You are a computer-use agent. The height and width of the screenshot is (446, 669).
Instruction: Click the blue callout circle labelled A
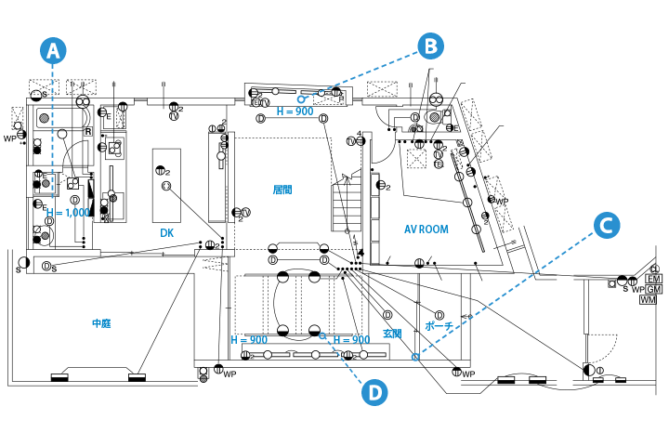(x=55, y=50)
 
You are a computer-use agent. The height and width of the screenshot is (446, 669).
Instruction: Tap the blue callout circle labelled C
(x=606, y=225)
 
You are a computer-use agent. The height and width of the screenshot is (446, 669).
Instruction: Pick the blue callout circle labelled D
(x=374, y=393)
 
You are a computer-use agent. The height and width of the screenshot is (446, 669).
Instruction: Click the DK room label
(x=167, y=232)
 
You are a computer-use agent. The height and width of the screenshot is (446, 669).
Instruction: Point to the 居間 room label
(x=282, y=190)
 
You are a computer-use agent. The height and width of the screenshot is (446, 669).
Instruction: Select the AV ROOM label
(x=427, y=230)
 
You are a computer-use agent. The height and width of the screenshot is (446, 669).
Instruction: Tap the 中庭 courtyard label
(x=101, y=323)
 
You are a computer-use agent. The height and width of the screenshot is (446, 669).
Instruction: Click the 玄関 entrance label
(x=391, y=333)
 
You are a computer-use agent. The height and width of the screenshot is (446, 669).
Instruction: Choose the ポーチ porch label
(x=438, y=327)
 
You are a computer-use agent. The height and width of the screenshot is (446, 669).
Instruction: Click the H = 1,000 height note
(x=67, y=213)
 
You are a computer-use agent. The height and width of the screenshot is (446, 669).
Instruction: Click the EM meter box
(x=653, y=279)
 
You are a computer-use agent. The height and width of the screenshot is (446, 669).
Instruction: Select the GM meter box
(x=653, y=289)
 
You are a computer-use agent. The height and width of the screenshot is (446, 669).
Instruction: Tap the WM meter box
(x=648, y=299)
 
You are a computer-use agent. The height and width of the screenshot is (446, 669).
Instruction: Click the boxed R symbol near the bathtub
(x=87, y=132)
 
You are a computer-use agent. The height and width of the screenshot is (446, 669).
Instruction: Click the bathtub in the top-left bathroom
(x=45, y=119)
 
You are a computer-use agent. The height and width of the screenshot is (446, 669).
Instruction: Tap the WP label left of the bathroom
(x=10, y=138)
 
